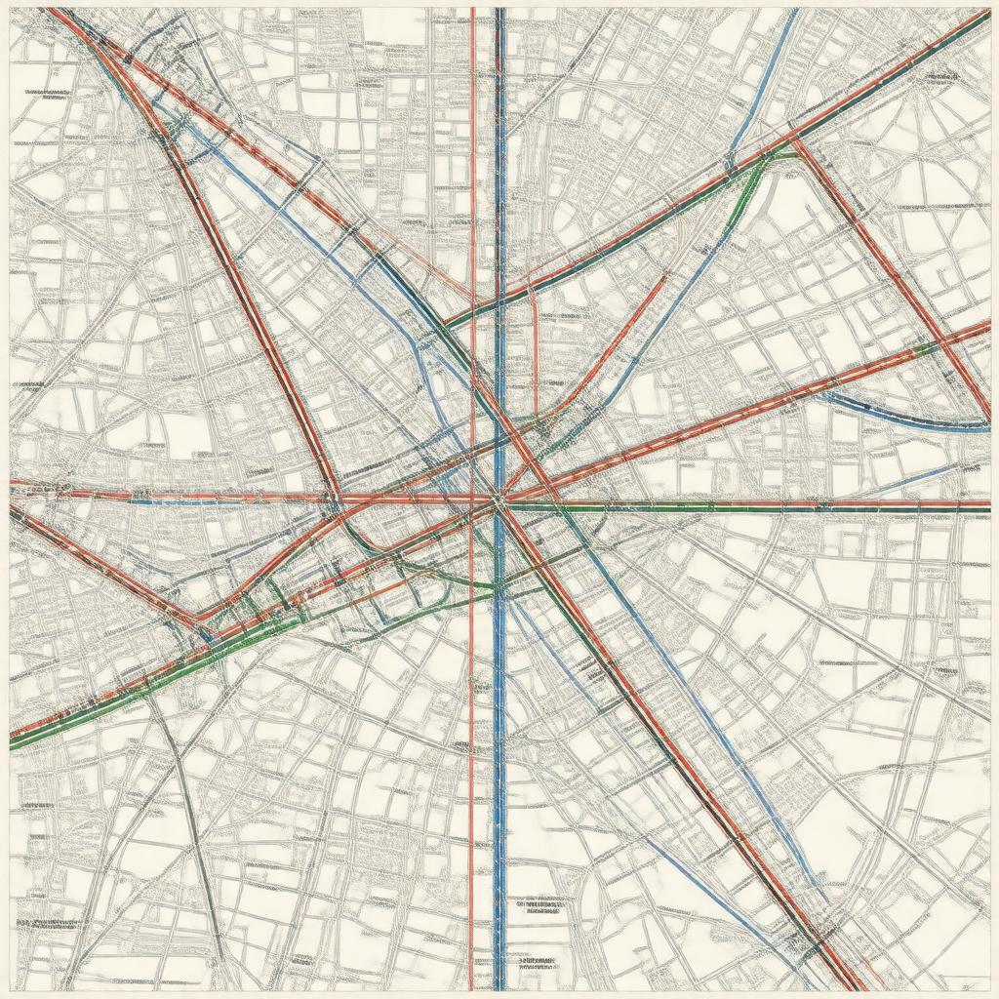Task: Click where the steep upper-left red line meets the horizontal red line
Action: click(x=335, y=499)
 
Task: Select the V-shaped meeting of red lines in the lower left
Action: click(x=200, y=619)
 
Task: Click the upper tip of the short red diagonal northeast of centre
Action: click(x=664, y=277)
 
